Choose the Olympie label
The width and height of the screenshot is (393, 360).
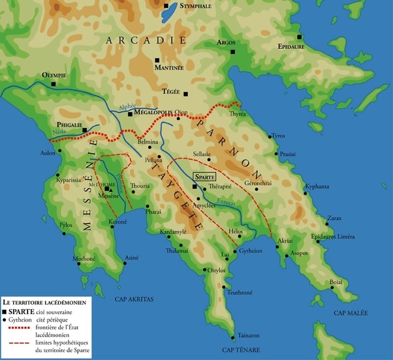coord(54,76)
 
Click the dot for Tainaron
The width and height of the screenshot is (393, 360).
coord(234,337)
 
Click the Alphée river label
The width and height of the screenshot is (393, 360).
coord(128,105)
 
